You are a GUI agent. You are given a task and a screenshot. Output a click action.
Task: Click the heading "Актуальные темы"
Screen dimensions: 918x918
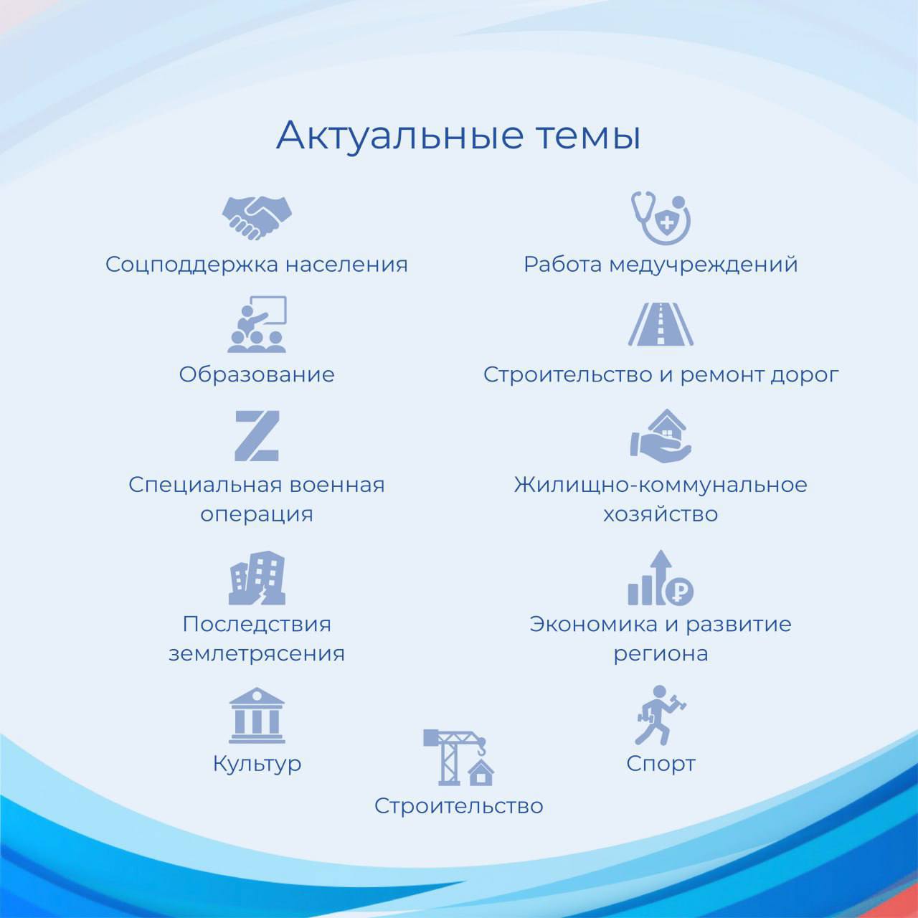point(458,135)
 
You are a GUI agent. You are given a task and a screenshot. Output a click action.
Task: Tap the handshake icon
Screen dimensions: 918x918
point(257,217)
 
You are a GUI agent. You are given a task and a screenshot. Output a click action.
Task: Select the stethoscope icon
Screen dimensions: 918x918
point(661,217)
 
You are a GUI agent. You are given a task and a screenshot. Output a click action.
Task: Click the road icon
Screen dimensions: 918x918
point(661,324)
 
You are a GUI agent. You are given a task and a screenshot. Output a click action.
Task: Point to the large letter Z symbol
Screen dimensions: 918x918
point(257,435)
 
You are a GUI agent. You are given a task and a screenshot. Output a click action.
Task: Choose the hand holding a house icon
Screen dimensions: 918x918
point(661,435)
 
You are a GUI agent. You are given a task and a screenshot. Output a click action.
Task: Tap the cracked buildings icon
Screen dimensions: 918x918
point(257,577)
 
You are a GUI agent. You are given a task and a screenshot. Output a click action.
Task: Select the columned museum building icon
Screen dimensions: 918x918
point(257,715)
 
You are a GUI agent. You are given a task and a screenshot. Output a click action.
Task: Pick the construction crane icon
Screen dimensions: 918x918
point(458,757)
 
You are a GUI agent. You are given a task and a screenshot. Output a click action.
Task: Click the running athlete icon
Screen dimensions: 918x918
point(661,715)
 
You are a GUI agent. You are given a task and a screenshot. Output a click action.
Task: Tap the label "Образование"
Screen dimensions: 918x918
point(257,374)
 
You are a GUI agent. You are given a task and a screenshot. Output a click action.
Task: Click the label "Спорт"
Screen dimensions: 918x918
point(661,764)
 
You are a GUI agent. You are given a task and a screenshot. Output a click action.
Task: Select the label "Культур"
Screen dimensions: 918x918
point(257,764)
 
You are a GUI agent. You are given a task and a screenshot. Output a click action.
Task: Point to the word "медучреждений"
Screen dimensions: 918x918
point(703,265)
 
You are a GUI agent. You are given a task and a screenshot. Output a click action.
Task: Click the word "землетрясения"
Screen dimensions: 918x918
point(257,653)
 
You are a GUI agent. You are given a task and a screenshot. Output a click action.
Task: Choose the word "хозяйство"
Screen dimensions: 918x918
point(661,514)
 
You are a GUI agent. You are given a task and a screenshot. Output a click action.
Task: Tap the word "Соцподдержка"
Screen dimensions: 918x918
point(192,265)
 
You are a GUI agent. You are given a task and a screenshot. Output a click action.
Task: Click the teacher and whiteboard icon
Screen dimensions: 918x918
point(257,324)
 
